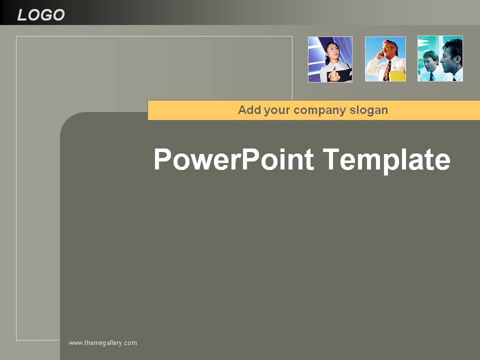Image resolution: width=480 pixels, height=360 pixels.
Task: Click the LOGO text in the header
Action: [x=40, y=14]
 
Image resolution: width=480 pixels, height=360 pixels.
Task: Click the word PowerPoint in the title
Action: [x=233, y=160]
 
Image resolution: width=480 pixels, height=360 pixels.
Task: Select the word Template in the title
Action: [x=386, y=160]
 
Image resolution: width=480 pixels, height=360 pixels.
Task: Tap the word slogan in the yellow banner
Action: [x=368, y=110]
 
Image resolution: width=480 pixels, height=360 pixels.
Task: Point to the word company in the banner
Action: [x=319, y=110]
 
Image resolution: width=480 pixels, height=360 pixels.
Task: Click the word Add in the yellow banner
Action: [x=249, y=109]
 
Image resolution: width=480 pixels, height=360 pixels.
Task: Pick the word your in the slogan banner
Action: [x=276, y=110]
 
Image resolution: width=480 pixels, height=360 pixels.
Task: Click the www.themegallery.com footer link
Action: [x=103, y=343]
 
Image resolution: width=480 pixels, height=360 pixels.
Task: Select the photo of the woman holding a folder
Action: [x=330, y=59]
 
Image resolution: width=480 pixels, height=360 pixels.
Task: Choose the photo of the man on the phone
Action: [x=385, y=59]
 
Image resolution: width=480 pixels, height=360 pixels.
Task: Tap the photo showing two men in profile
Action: [x=440, y=58]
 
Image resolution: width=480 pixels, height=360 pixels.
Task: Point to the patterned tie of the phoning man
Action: [x=387, y=70]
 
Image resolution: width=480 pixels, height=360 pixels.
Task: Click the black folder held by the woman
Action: [x=340, y=75]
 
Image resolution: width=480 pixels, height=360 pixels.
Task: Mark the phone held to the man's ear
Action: [x=381, y=54]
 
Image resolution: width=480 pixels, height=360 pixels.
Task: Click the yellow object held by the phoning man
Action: [x=397, y=76]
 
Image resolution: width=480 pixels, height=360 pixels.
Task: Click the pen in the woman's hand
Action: [x=334, y=68]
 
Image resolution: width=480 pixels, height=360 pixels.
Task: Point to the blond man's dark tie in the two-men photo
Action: [x=431, y=76]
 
